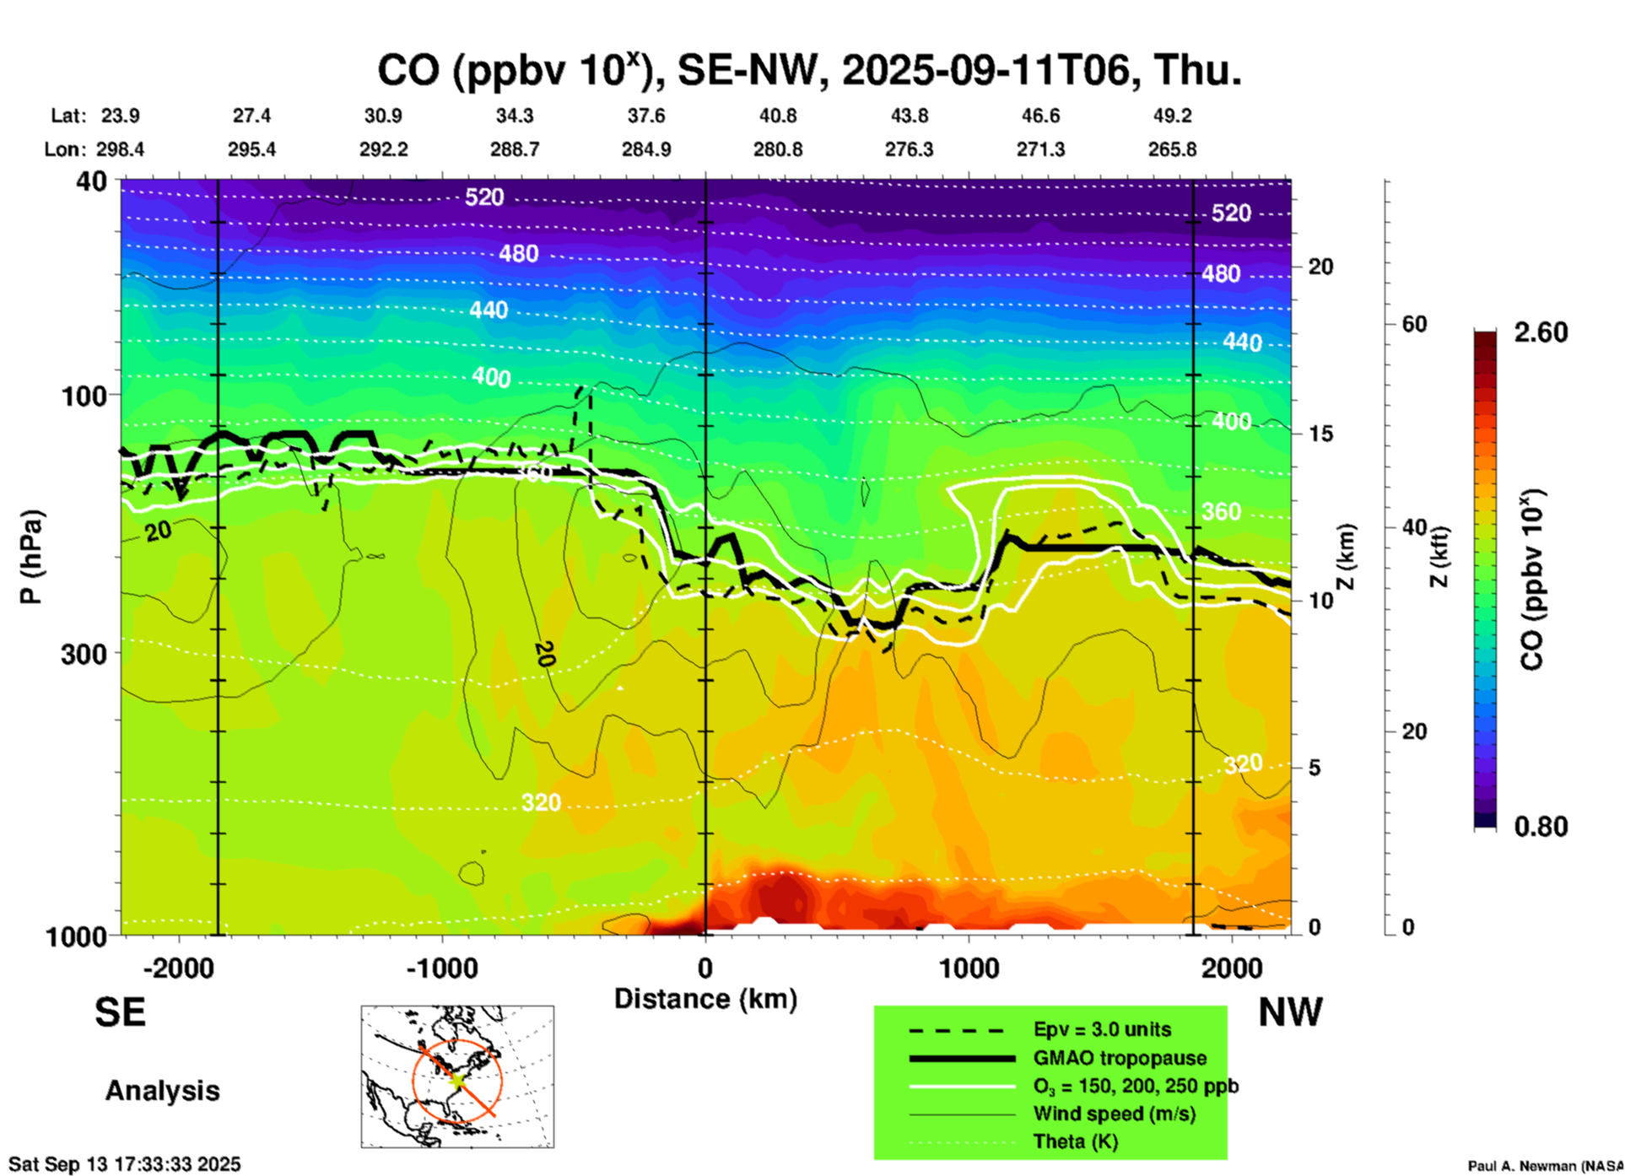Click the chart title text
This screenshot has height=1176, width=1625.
click(x=808, y=70)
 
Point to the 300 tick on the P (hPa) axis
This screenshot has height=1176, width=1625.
click(x=84, y=654)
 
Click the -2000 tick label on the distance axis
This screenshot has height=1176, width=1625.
click(x=178, y=968)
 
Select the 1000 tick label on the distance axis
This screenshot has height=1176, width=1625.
click(x=969, y=968)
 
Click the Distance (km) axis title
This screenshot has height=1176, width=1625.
click(x=705, y=999)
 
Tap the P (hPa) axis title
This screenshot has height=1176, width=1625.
click(x=31, y=557)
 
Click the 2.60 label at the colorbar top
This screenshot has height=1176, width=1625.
click(x=1541, y=332)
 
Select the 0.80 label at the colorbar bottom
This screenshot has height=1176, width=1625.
click(x=1541, y=826)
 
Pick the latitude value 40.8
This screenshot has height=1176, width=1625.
click(x=777, y=116)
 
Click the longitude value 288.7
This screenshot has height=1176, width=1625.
click(x=515, y=149)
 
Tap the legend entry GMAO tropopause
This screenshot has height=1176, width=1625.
click(x=1120, y=1058)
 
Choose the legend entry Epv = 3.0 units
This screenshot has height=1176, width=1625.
click(x=1102, y=1029)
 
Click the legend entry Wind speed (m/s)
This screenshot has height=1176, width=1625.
click(x=1114, y=1114)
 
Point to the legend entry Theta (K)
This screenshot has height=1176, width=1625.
click(x=1076, y=1141)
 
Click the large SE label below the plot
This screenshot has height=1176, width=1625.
click(x=120, y=1012)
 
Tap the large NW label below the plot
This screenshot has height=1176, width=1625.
click(x=1290, y=1012)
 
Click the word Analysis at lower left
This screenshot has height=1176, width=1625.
click(x=162, y=1090)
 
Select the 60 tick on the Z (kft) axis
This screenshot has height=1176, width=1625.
click(x=1414, y=324)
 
